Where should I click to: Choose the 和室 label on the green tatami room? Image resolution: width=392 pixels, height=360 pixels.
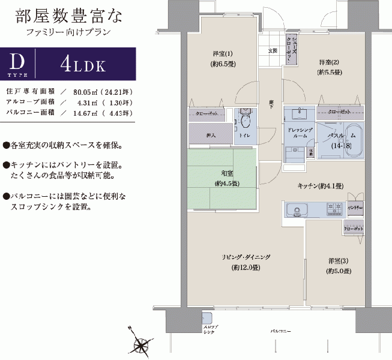tap(222, 178)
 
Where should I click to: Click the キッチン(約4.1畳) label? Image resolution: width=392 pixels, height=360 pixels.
tap(320, 187)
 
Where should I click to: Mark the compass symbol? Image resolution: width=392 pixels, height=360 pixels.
tap(143, 344)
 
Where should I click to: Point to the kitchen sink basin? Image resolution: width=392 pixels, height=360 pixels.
tap(295, 210)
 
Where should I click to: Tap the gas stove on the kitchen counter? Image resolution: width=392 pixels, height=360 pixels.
tap(334, 209)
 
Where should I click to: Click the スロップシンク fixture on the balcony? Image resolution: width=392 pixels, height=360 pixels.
tap(207, 317)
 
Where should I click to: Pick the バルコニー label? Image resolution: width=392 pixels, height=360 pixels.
tap(280, 331)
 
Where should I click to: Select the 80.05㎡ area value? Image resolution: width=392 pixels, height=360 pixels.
tap(86, 92)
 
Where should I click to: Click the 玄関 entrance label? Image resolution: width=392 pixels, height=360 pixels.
tap(272, 51)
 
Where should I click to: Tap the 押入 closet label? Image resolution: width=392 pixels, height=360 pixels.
tap(210, 136)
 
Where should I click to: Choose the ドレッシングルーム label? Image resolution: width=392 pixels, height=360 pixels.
tap(298, 133)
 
